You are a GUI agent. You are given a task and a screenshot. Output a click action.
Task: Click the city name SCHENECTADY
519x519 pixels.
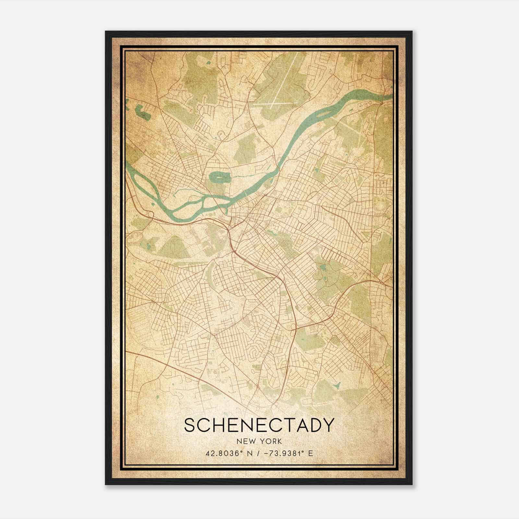259,425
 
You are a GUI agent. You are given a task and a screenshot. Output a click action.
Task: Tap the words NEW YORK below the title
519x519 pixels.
259,441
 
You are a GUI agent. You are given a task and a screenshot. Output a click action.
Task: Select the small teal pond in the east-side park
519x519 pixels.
323,268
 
